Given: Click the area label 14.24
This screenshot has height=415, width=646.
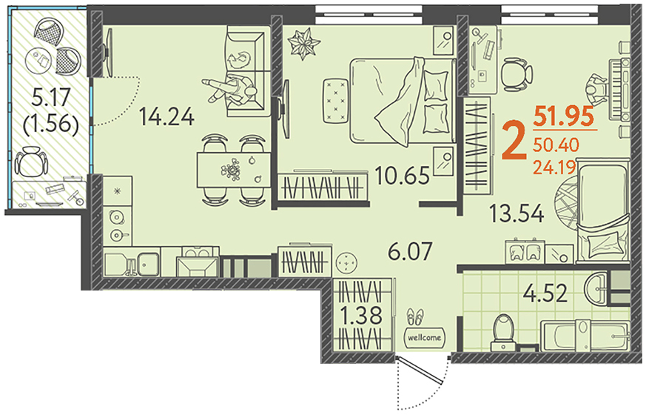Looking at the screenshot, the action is [x=166, y=116].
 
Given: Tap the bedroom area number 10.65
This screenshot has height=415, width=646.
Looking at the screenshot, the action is [x=402, y=176].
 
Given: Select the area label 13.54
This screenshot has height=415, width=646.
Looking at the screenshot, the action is [x=517, y=213].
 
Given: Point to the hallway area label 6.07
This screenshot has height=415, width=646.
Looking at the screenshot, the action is [x=411, y=251].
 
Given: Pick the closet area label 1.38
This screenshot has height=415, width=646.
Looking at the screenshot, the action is [x=363, y=316].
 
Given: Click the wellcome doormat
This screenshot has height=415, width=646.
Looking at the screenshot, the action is [x=425, y=337].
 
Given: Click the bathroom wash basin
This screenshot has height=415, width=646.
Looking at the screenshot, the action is [x=596, y=288].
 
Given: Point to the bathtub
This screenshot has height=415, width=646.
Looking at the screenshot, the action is [x=585, y=336].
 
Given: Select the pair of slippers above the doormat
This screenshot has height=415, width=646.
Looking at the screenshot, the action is [x=415, y=317].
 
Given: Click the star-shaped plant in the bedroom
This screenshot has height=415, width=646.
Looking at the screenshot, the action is [x=304, y=43].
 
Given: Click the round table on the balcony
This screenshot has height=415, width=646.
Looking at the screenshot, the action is [x=38, y=61].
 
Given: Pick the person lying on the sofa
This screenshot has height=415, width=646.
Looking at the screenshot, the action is [x=229, y=87].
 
